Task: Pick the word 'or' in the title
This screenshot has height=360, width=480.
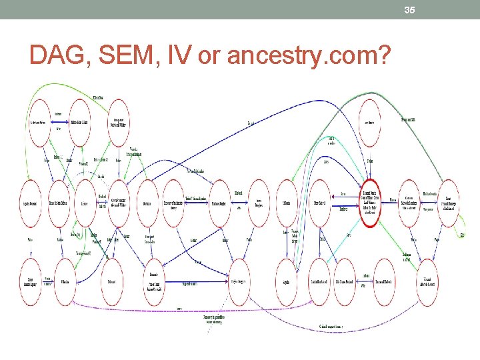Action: (x=210, y=57)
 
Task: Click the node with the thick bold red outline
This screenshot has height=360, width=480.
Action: (x=370, y=199)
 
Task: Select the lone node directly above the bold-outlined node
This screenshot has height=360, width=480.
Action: (x=369, y=122)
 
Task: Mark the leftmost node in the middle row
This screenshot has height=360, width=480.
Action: (x=31, y=202)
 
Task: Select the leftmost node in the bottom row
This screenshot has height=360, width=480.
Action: (x=31, y=282)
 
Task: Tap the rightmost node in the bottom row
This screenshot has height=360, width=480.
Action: (x=427, y=282)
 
